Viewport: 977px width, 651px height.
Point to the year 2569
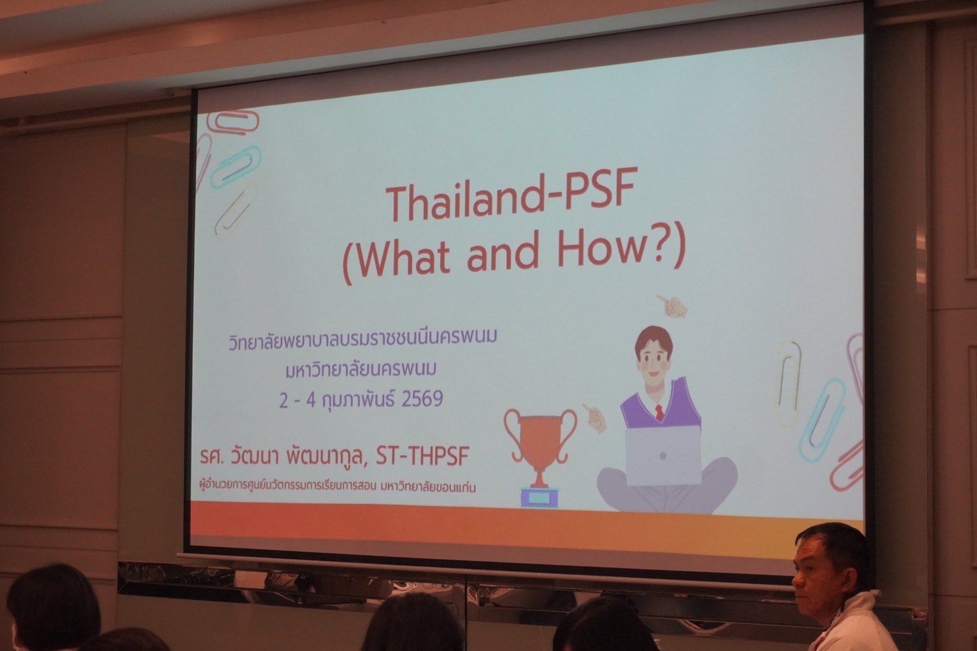pyautogui.click(x=422, y=398)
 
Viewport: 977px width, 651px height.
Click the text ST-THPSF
pyautogui.click(x=422, y=456)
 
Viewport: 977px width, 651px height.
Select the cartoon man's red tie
pyautogui.click(x=659, y=412)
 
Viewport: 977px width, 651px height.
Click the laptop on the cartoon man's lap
pyautogui.click(x=663, y=455)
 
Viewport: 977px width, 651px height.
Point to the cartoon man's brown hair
pyautogui.click(x=653, y=338)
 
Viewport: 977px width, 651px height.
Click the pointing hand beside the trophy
pyautogui.click(x=594, y=417)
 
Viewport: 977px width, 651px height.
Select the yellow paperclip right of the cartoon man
pyautogui.click(x=789, y=383)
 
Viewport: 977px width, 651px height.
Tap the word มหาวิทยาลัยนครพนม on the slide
pyautogui.click(x=361, y=370)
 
